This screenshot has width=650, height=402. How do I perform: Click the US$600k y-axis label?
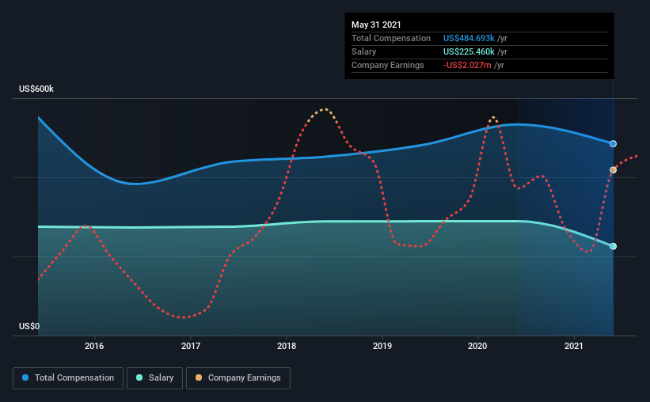(36, 89)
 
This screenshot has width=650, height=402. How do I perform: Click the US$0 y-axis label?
(29, 326)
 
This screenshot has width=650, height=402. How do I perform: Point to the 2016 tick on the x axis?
(94, 346)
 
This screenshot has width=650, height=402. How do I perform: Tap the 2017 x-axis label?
(190, 346)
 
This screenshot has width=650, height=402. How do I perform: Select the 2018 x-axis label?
(287, 346)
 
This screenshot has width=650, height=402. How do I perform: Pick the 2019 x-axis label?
(382, 346)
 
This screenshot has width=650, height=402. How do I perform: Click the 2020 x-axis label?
(477, 346)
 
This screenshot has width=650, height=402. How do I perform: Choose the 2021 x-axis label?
(574, 346)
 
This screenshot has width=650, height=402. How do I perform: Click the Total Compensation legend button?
(68, 378)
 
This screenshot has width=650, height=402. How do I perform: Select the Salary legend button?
(156, 378)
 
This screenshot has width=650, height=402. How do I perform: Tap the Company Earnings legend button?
(238, 378)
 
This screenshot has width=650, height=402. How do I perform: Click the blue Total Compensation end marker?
(614, 144)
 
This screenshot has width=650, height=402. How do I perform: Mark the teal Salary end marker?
(614, 246)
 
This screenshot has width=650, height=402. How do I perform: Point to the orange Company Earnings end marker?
(614, 170)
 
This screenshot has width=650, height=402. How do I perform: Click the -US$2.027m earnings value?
(467, 65)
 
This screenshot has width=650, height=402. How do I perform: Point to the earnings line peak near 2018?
(324, 109)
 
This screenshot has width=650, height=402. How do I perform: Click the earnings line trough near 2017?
(183, 317)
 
